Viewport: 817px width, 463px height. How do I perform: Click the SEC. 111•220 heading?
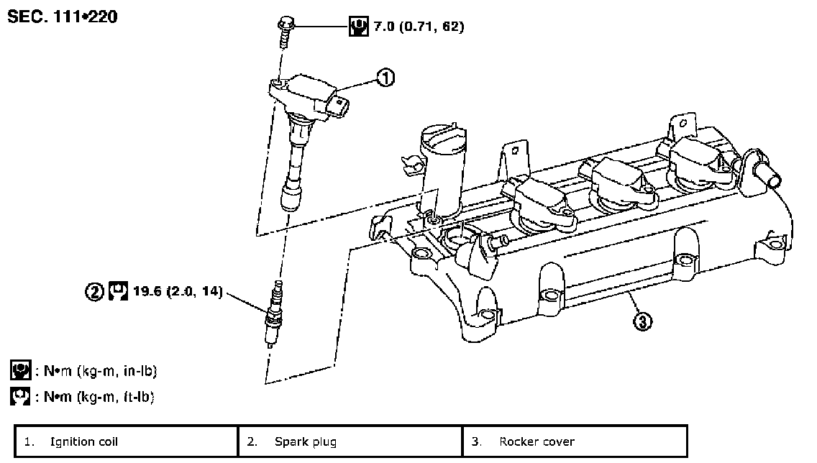point(63,17)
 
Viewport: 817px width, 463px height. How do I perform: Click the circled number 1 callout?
point(385,78)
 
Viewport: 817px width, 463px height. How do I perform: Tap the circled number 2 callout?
point(94,291)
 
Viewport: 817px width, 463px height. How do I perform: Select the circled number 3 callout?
point(642,321)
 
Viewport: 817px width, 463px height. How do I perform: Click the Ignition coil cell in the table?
point(126,441)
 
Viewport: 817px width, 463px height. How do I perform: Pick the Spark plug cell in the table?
point(350,441)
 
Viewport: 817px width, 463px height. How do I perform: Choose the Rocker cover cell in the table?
point(575,441)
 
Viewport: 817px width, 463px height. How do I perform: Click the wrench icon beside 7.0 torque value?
point(358,26)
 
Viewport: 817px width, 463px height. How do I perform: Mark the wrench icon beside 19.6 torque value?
point(118,291)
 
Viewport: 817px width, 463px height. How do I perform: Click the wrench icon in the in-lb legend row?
point(21,370)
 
